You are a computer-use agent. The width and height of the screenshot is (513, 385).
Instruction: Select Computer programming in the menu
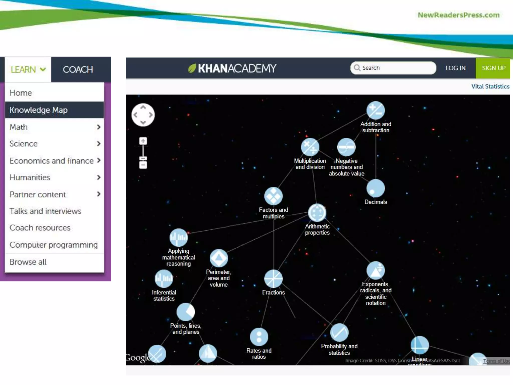tap(54, 245)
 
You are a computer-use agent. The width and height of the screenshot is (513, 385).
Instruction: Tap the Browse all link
tap(28, 262)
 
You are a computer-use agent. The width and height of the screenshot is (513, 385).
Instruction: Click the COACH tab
tap(78, 69)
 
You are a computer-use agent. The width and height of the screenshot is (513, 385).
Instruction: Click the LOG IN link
tap(455, 68)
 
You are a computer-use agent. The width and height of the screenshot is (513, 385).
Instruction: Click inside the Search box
tap(397, 68)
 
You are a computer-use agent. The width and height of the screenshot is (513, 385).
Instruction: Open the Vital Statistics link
tap(490, 86)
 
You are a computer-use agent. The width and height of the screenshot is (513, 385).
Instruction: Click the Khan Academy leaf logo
tap(192, 68)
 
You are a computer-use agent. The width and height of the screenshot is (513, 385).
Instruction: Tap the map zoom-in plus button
tap(143, 141)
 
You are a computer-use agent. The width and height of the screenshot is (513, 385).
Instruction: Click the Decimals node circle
tap(375, 188)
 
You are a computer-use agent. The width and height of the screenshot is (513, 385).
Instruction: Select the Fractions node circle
tap(273, 279)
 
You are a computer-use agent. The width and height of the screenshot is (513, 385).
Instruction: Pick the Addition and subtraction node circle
tap(375, 110)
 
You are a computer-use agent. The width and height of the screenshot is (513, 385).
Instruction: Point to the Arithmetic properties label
tap(317, 229)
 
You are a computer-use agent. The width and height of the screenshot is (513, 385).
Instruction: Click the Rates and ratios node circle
tap(259, 337)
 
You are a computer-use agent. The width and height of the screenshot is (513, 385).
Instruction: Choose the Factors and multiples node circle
tap(273, 196)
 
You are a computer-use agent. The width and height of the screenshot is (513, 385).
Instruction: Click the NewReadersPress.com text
tap(458, 15)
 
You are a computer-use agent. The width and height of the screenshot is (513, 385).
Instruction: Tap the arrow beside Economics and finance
tap(99, 160)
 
